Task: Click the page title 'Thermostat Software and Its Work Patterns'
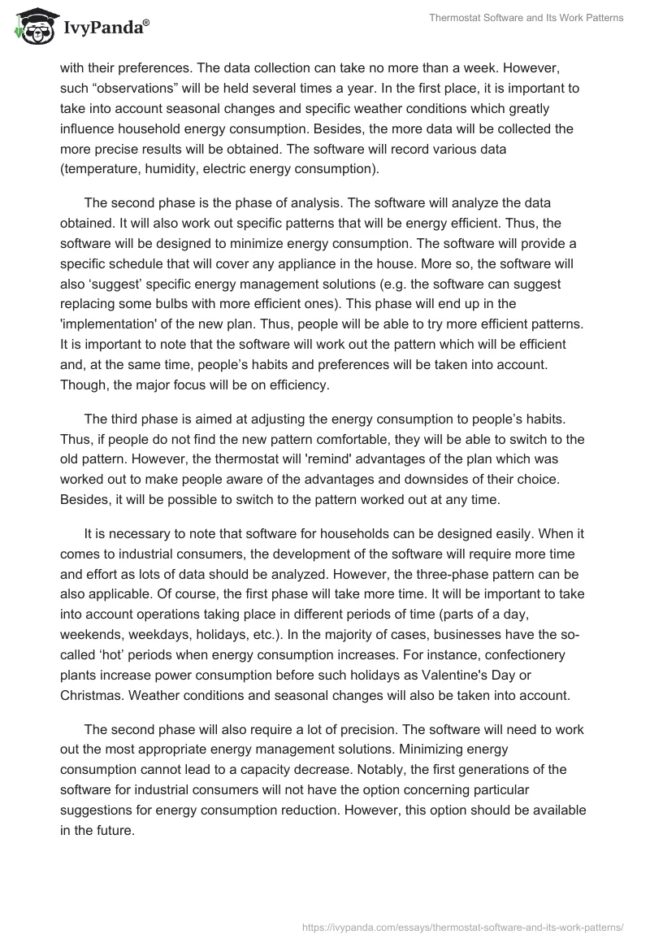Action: [x=526, y=18]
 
